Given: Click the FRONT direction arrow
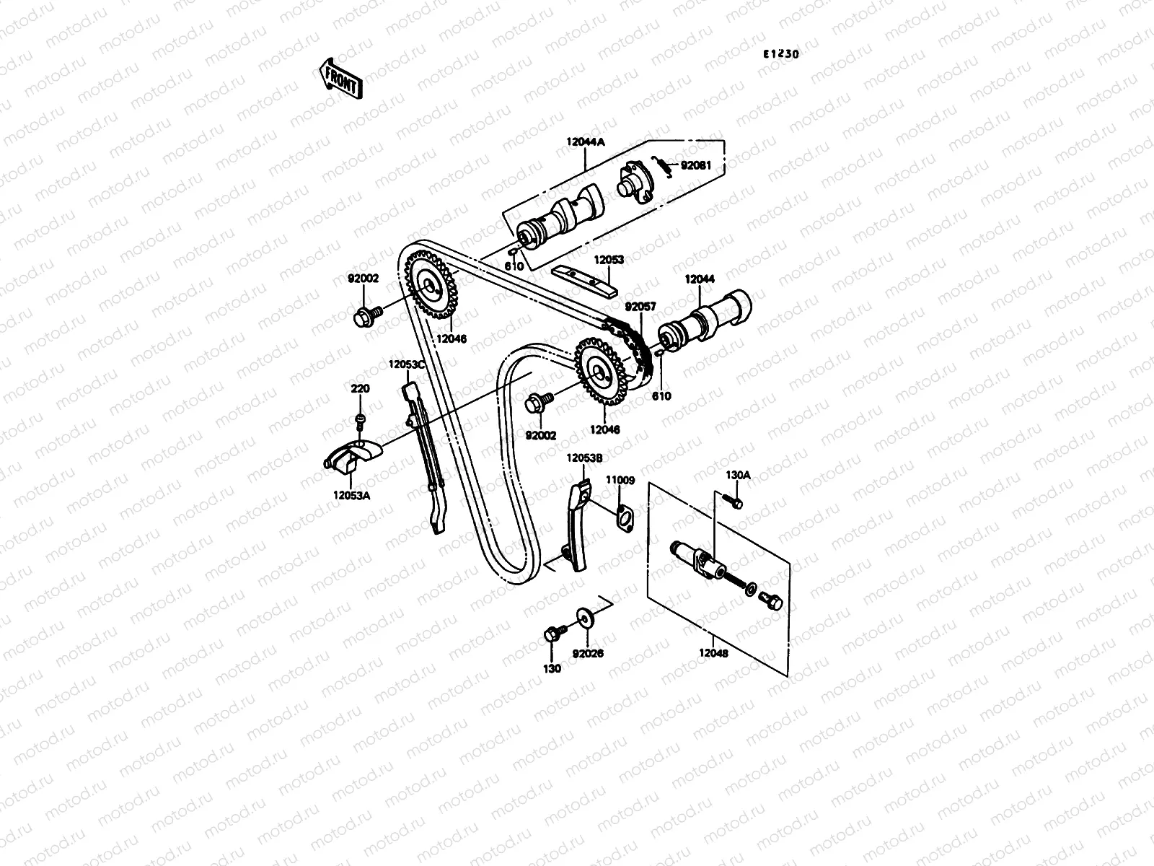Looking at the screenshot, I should tap(340, 78).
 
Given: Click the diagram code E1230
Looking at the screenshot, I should tap(782, 53).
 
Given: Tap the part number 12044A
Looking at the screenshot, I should tap(585, 143).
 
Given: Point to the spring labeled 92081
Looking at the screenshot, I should tap(663, 167).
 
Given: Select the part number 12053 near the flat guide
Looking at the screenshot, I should tap(609, 260).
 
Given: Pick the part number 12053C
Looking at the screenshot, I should tap(407, 364).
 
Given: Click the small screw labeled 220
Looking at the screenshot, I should tap(360, 421).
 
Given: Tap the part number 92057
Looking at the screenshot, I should tap(640, 307).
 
